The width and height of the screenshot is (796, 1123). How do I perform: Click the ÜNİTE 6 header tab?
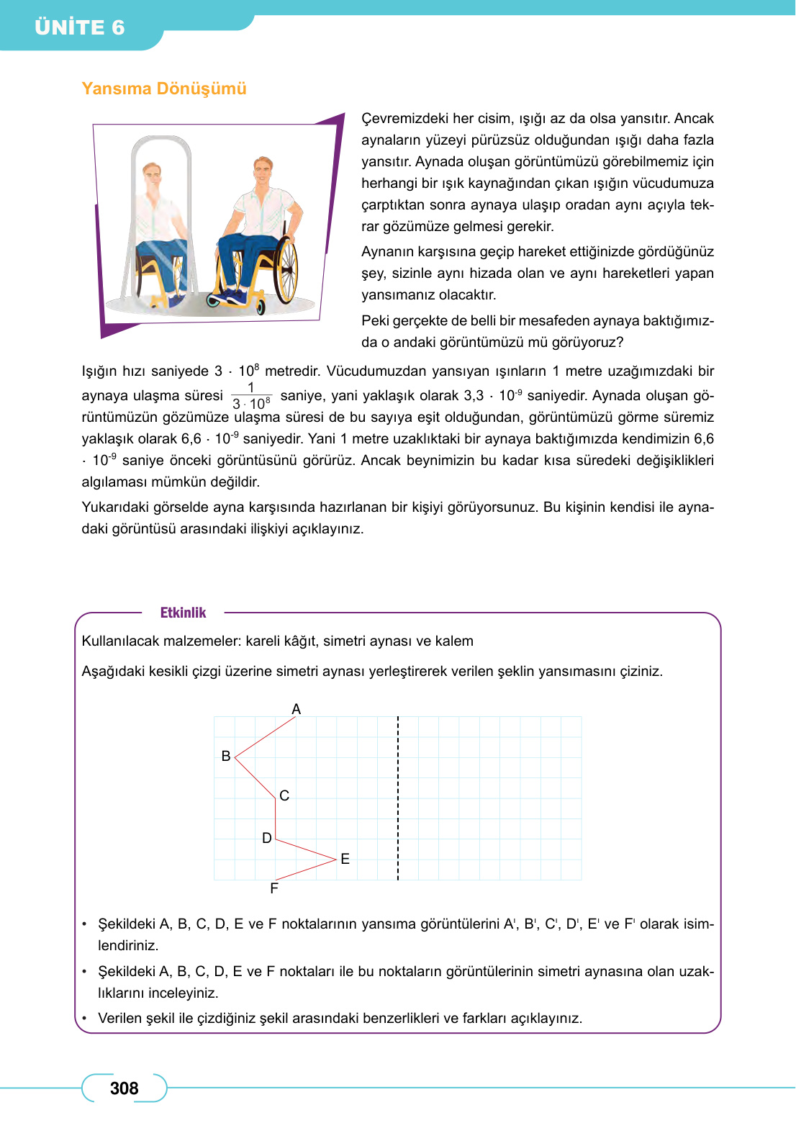click(x=79, y=27)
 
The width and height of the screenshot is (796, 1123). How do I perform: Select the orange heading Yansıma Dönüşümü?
click(x=163, y=89)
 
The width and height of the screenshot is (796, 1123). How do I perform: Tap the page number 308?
click(x=124, y=1088)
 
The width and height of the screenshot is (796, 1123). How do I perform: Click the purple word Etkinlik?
click(x=183, y=613)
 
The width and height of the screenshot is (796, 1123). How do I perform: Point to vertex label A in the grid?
click(x=296, y=709)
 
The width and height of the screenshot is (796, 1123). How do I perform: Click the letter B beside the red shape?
click(x=226, y=756)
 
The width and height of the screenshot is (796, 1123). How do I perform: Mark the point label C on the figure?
click(x=284, y=795)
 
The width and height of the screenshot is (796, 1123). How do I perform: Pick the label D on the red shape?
click(x=267, y=838)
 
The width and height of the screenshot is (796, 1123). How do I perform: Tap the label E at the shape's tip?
click(x=345, y=859)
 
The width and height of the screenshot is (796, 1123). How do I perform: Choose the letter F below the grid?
click(x=274, y=888)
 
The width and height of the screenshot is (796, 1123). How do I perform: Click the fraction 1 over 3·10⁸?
click(x=251, y=396)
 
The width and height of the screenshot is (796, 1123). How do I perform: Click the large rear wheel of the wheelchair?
click(x=286, y=270)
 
